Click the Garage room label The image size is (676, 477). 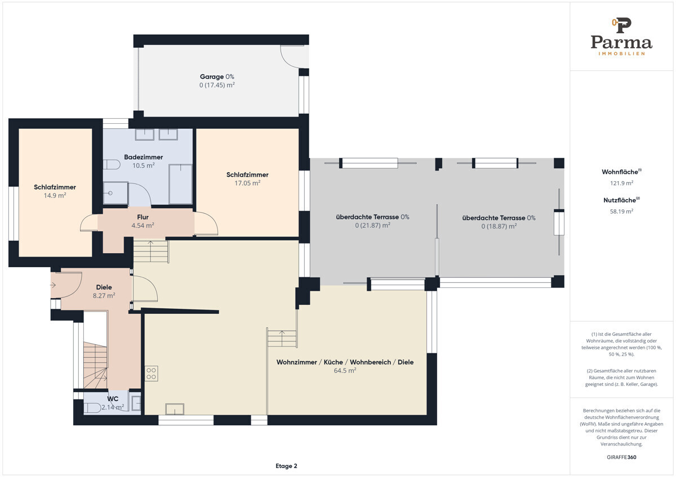[x=212, y=77]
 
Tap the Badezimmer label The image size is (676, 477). [x=143, y=157]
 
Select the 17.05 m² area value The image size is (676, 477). [x=247, y=183]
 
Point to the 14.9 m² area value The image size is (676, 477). [x=55, y=195]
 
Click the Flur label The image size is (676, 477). [x=143, y=217]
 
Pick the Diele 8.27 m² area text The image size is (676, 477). [x=104, y=296]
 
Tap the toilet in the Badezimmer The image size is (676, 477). [x=112, y=164]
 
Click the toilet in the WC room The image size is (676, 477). [x=92, y=408]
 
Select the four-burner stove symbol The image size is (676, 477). [x=151, y=373]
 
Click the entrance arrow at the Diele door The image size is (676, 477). [x=53, y=285]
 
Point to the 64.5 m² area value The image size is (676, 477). [x=345, y=371]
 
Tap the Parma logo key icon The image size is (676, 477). [x=622, y=25]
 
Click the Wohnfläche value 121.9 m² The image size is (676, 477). [x=621, y=183]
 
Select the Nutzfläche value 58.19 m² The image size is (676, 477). [x=621, y=211]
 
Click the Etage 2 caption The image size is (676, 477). [x=286, y=466]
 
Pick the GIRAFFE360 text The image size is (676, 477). [x=621, y=457]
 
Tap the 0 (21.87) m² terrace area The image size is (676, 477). [x=372, y=226]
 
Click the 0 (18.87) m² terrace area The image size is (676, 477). [x=499, y=226]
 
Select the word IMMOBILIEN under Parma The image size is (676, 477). [x=621, y=53]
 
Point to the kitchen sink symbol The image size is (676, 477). [x=175, y=409]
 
